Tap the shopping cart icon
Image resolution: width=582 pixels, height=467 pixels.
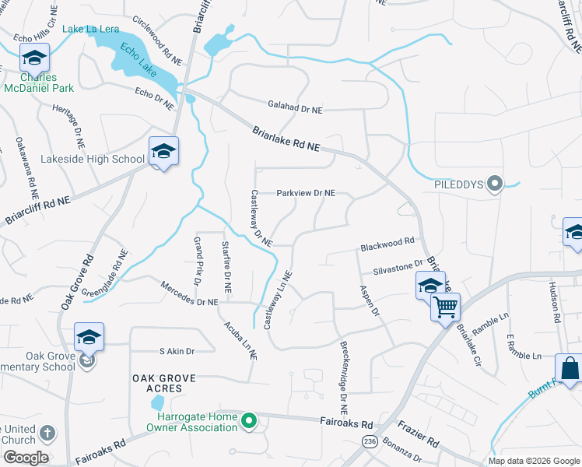coord(445,307)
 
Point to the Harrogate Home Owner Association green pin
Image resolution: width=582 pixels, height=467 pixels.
coord(248,422)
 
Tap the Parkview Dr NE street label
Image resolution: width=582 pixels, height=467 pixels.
coord(307,193)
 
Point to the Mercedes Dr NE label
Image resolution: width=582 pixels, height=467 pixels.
coord(190,297)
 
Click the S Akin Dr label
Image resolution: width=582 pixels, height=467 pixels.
coord(176,351)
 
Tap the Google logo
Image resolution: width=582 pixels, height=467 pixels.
coord(26,457)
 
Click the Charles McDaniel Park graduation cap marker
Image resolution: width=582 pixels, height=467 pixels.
coord(34,58)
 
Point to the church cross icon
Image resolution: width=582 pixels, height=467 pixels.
coord(47,433)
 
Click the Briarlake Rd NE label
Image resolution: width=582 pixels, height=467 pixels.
coord(286,139)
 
